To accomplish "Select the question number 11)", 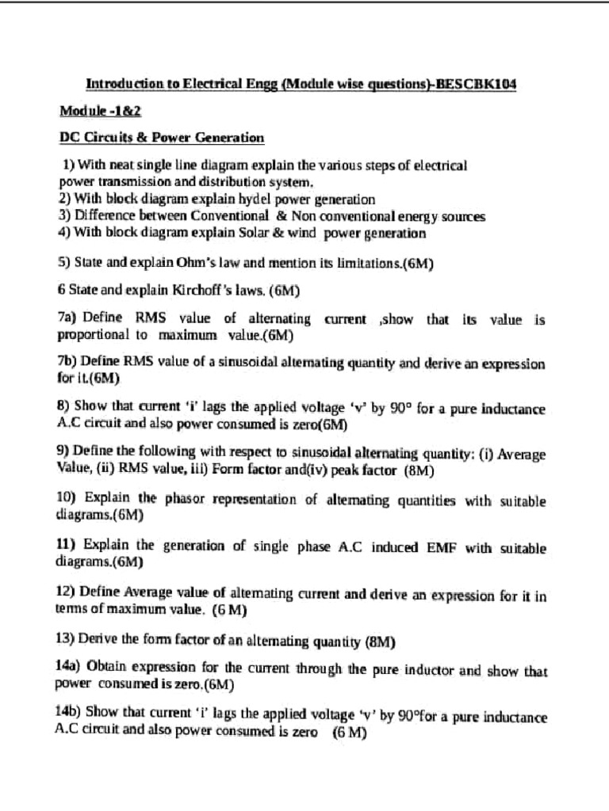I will click(x=67, y=547).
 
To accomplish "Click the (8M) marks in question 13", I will click(x=378, y=641).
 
